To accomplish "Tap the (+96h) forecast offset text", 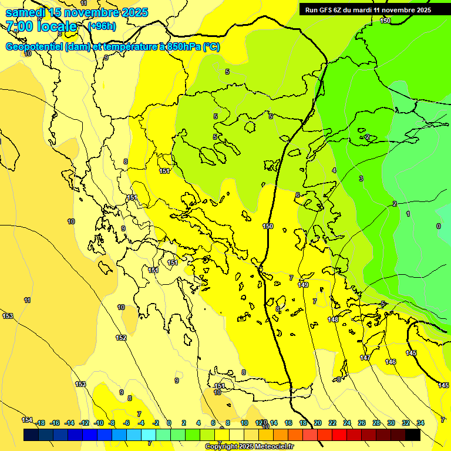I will (102, 26).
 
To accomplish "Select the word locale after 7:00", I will (56, 26).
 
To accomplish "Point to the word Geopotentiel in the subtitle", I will (34, 47).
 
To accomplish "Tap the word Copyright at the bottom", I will (223, 447).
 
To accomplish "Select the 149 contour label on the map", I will (303, 285).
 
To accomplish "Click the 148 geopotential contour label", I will (333, 319).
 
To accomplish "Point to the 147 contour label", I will (365, 358).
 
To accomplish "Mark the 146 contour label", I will (391, 362).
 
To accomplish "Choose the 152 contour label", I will (121, 338).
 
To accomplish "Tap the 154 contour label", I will (27, 420).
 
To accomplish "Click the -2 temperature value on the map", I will (367, 137).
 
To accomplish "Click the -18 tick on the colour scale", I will (40, 423).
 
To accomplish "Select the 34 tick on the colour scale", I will (420, 423).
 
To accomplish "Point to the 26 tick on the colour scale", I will (361, 423).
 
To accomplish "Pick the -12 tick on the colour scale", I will (84, 423).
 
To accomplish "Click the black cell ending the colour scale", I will (413, 435).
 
